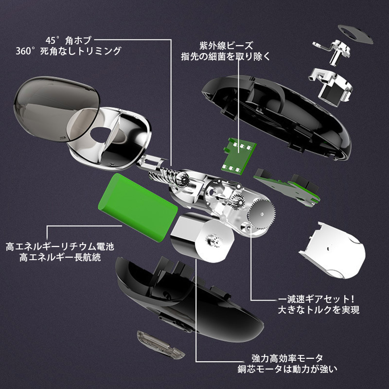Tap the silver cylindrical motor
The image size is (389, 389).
click(203, 237)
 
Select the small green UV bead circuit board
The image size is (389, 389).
click(239, 156)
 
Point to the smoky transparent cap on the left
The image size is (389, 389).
click(56, 109)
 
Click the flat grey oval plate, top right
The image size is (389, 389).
click(355, 34)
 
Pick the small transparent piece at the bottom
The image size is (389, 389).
click(161, 344)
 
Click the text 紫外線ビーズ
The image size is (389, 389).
click(226, 46)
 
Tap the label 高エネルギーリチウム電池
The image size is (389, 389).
click(60, 247)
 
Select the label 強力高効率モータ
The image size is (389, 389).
click(287, 358)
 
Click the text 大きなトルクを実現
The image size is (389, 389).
click(318, 310)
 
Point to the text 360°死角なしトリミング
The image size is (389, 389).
click(69, 51)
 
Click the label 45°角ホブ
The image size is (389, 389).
click(69, 40)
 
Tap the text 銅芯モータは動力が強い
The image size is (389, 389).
click(287, 369)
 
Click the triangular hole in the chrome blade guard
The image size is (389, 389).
click(100, 135)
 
